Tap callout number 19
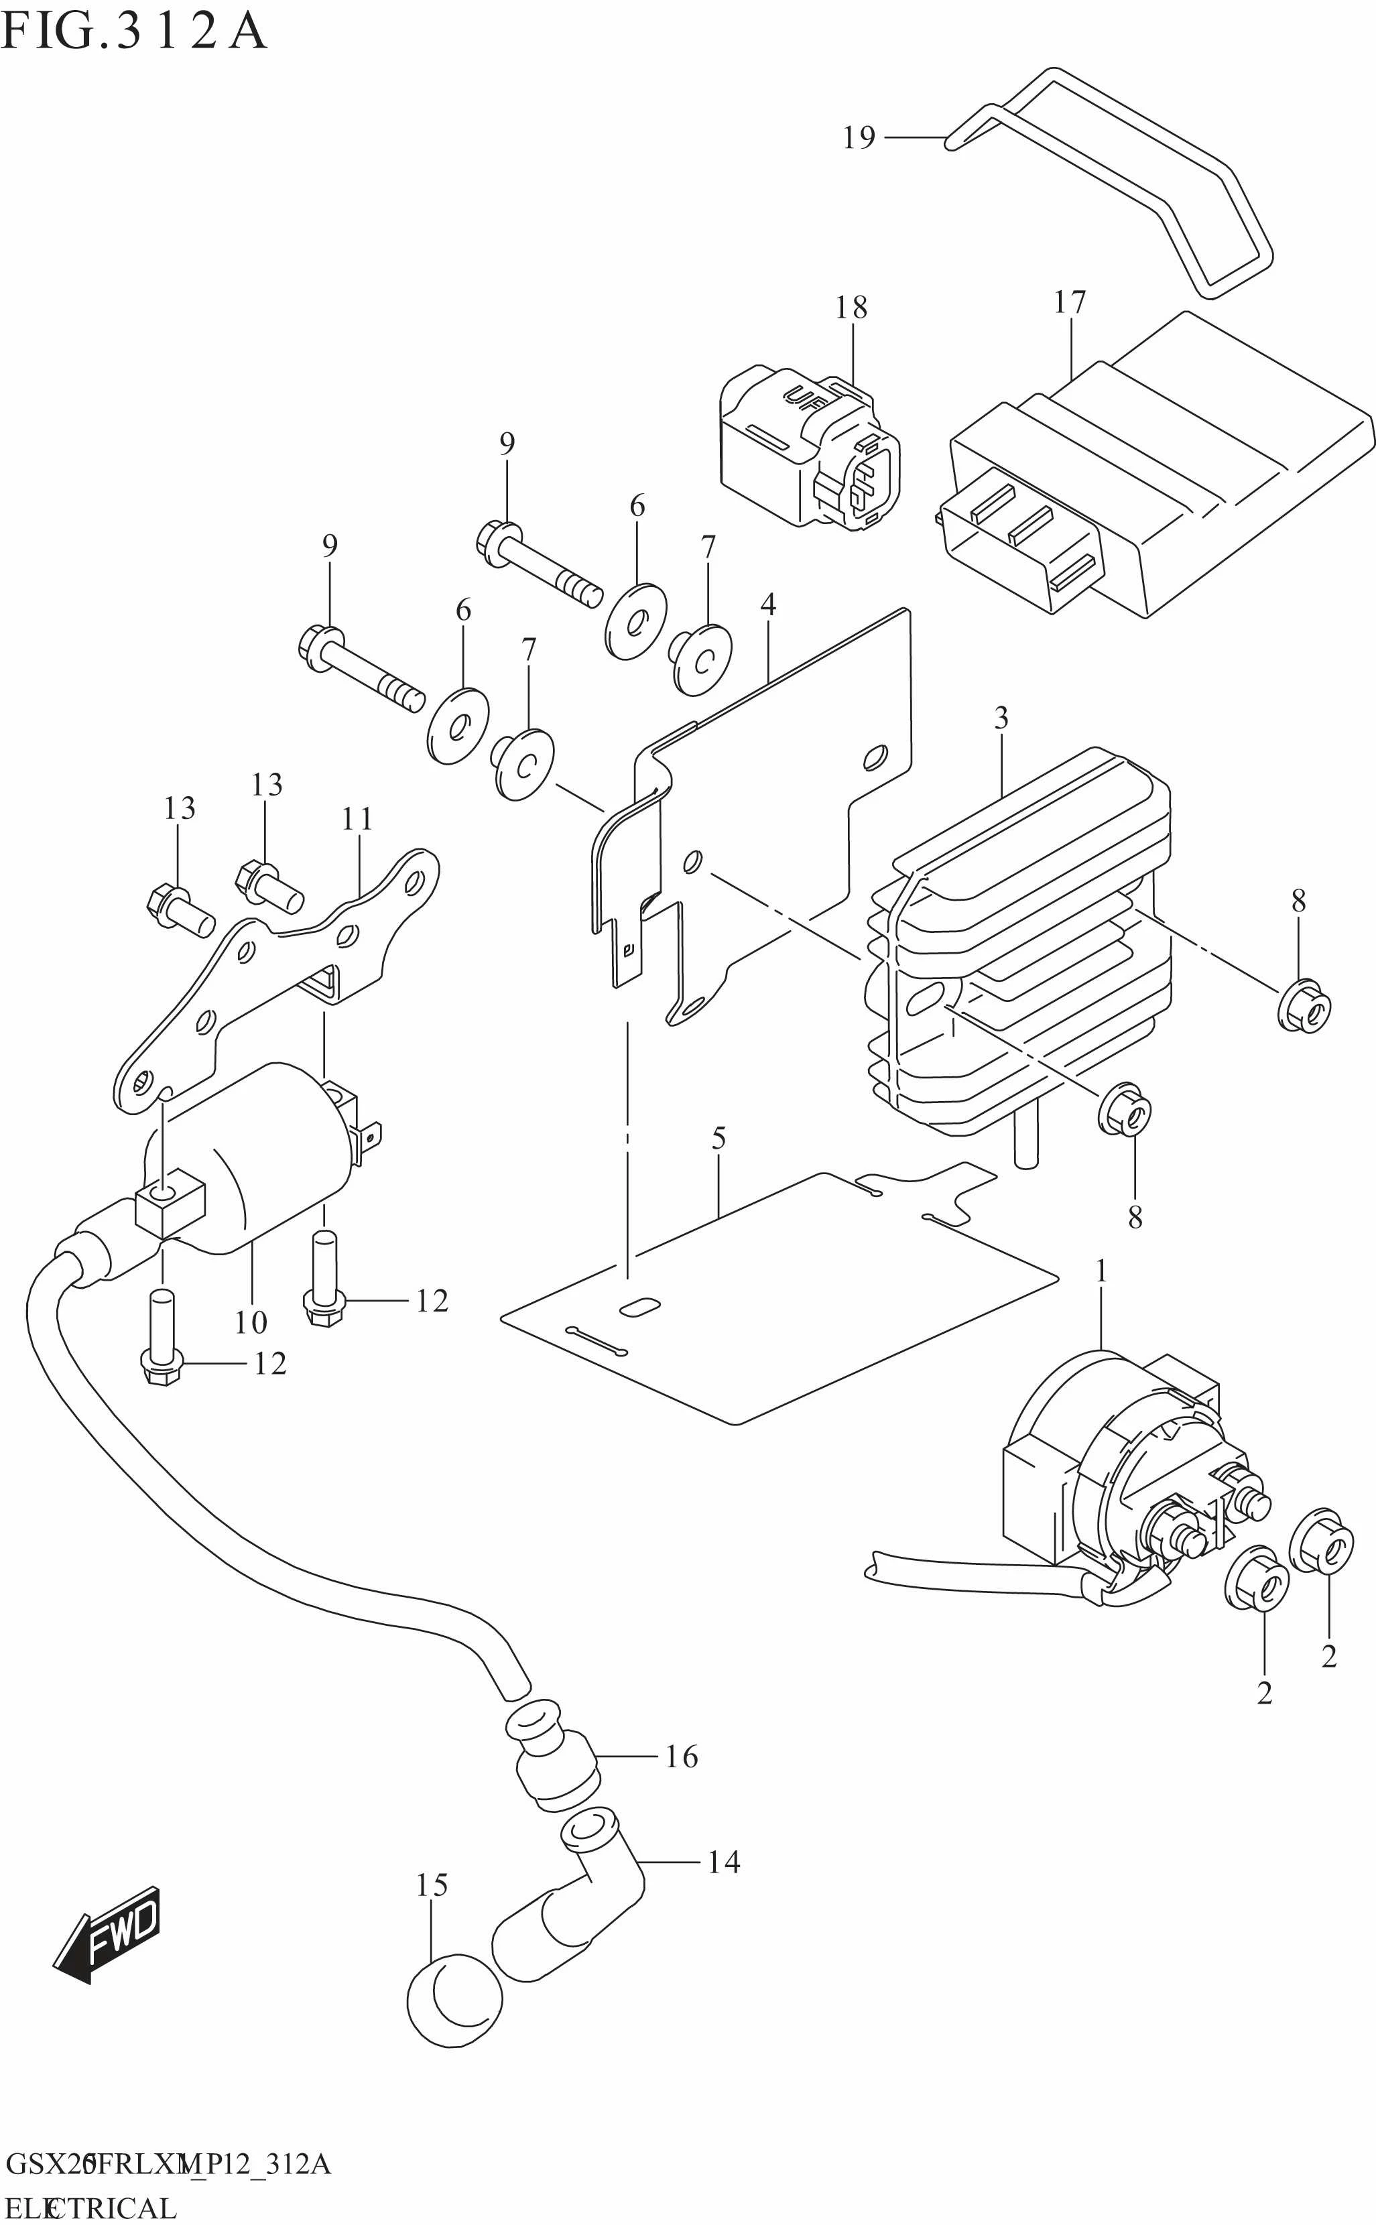tap(858, 137)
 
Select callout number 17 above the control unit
tap(1070, 302)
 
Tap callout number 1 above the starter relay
tap(1101, 1271)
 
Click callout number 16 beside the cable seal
tap(682, 1757)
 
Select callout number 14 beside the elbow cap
tap(723, 1863)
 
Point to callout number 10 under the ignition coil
tap(251, 1322)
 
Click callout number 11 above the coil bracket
tap(358, 820)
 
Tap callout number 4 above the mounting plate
tap(768, 605)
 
